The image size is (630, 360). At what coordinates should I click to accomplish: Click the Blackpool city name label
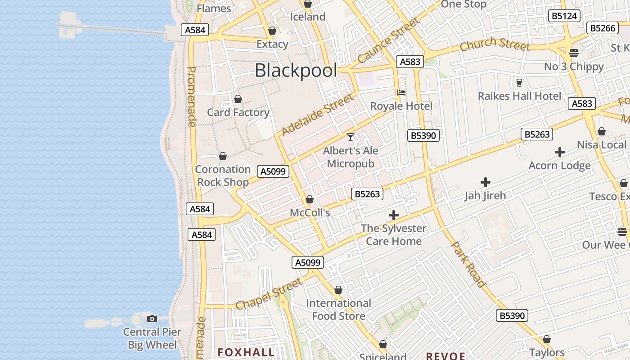[296, 71]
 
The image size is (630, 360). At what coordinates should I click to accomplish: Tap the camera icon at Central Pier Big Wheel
[152, 319]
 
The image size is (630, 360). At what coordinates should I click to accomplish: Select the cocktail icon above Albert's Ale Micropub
[351, 137]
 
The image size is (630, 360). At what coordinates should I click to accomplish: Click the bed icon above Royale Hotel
[401, 93]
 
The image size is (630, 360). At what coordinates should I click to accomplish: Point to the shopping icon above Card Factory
[238, 99]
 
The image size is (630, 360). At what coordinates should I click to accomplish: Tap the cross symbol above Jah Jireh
[485, 182]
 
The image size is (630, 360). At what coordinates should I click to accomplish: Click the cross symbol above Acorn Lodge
[559, 152]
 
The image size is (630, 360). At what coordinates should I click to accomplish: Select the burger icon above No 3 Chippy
[573, 53]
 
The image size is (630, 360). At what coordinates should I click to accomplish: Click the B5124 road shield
[564, 16]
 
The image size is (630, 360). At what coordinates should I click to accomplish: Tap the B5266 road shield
[602, 28]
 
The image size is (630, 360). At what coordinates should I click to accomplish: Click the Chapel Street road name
[269, 294]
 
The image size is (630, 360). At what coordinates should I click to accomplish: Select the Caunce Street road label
[388, 41]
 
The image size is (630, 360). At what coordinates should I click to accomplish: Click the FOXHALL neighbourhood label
[246, 352]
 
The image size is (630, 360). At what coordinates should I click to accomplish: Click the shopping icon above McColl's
[310, 199]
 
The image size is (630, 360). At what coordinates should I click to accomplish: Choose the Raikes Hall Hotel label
[519, 96]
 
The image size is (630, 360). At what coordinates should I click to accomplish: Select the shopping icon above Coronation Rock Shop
[222, 156]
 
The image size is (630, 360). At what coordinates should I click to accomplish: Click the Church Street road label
[495, 44]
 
